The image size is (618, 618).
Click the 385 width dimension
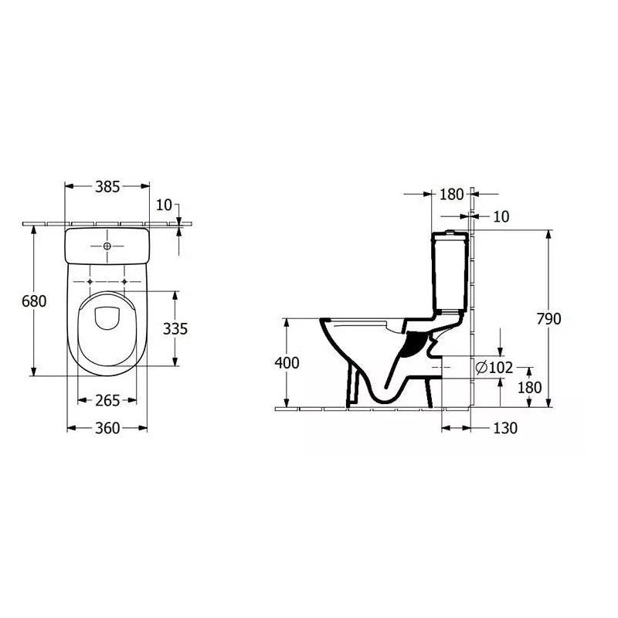[x=107, y=186]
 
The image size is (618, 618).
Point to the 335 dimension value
[x=175, y=328]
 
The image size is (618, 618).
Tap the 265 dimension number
[x=107, y=400]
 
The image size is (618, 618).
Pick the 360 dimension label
[x=107, y=428]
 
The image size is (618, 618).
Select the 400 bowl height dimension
[x=286, y=362]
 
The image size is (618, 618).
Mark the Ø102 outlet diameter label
[x=494, y=367]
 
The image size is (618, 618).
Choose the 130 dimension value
[x=504, y=428]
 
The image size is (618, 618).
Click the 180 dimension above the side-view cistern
[x=451, y=195]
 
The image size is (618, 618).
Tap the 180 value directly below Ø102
[x=529, y=388]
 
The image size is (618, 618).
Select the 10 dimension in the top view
[x=164, y=205]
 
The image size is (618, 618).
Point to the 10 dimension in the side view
[x=501, y=217]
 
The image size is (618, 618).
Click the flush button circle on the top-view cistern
[x=107, y=246]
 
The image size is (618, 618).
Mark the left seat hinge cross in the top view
[x=91, y=280]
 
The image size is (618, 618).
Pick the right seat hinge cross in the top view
[x=124, y=280]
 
